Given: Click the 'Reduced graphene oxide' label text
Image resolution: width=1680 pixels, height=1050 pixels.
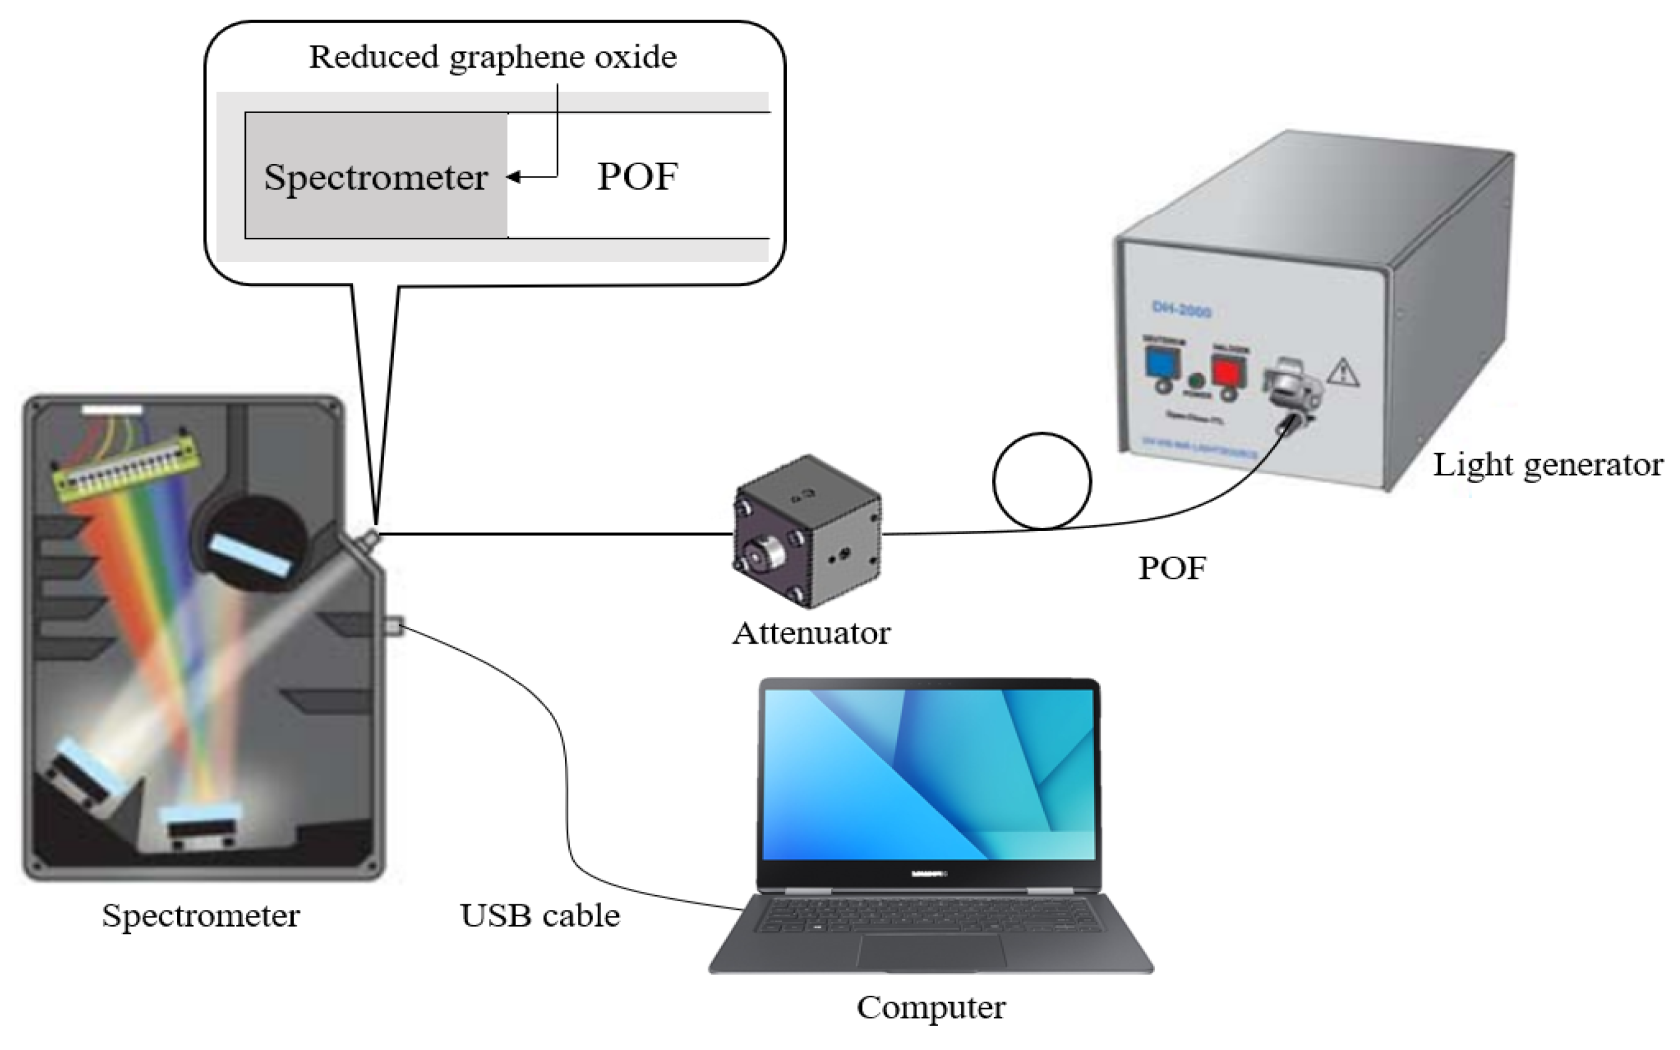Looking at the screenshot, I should point(492,57).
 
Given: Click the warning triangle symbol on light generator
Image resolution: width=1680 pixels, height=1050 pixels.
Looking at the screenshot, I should point(1343,373).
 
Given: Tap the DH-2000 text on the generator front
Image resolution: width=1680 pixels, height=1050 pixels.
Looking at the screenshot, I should point(1181,312).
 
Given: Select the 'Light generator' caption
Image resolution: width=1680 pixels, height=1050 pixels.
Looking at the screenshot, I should point(1547,465).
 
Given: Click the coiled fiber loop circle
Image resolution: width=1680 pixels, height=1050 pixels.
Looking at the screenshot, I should point(1041,481).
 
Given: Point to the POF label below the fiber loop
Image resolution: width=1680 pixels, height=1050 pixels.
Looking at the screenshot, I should point(1172,568).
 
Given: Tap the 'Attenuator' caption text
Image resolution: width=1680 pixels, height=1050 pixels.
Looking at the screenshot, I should point(811,633).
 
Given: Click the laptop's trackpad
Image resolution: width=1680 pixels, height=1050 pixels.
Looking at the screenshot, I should point(930,952).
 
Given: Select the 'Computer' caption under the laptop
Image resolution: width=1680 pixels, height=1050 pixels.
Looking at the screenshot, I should point(930,1007).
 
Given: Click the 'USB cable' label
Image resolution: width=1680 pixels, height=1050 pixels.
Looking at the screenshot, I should point(539,915).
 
